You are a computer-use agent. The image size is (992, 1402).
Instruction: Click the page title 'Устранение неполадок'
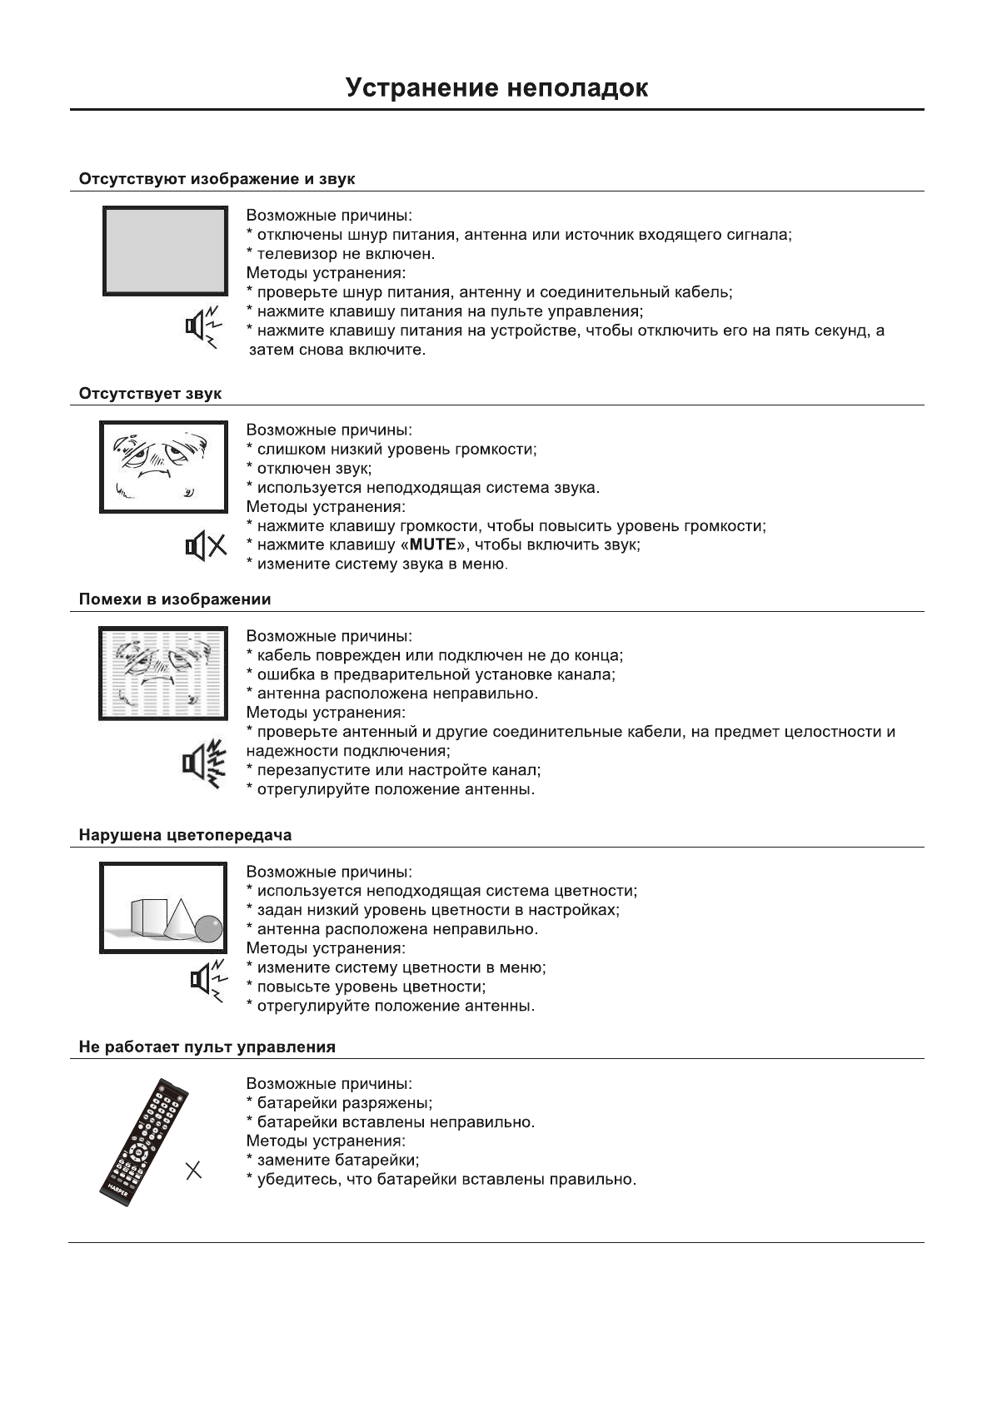(x=496, y=87)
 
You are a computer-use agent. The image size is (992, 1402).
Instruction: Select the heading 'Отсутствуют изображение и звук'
(x=217, y=179)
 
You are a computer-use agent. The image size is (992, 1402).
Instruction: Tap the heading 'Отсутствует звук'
(x=150, y=393)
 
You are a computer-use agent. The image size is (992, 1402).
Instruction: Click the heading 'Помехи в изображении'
(x=175, y=599)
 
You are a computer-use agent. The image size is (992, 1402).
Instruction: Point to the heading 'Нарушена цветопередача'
(x=185, y=835)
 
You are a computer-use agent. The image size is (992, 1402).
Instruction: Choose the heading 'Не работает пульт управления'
(x=207, y=1047)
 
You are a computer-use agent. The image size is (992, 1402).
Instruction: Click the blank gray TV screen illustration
(x=165, y=250)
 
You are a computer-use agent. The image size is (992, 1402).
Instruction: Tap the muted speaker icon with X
(x=205, y=546)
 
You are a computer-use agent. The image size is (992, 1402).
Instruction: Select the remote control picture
(x=143, y=1141)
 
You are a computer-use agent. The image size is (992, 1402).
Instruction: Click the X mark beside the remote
(x=193, y=1171)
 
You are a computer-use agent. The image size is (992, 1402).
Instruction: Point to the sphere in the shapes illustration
(x=208, y=928)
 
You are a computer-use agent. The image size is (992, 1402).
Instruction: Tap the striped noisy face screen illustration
(x=163, y=674)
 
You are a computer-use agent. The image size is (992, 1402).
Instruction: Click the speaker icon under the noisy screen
(x=204, y=763)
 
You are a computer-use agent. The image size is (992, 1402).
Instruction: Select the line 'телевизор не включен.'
(x=345, y=254)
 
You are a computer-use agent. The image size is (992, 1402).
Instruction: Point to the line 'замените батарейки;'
(x=337, y=1161)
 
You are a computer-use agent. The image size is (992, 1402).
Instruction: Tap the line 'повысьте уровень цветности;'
(x=371, y=987)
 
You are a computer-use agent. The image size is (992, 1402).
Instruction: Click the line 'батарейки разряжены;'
(x=344, y=1103)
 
